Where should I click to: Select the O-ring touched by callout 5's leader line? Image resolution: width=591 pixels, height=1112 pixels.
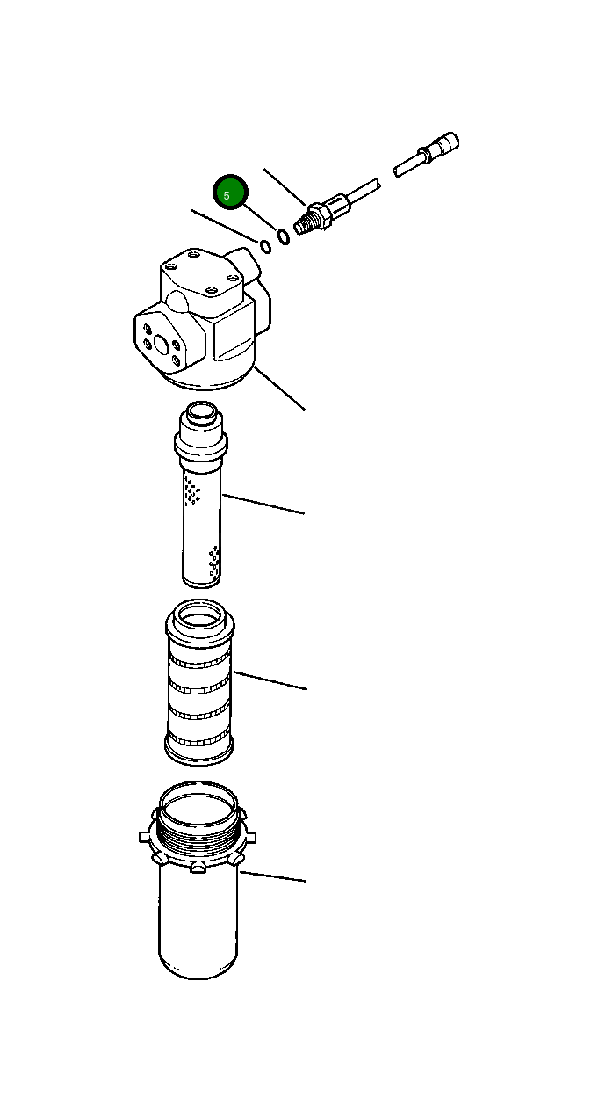[283, 236]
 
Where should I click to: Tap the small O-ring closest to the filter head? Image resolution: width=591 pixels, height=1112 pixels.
[264, 245]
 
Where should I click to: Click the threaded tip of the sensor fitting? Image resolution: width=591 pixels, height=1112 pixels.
[303, 224]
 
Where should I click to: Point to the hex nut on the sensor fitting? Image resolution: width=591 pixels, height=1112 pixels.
[320, 213]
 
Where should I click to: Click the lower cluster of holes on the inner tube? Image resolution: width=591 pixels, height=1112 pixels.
[213, 561]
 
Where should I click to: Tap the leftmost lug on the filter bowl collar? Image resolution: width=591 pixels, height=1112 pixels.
[145, 836]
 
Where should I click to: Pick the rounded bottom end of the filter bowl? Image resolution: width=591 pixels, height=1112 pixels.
[198, 967]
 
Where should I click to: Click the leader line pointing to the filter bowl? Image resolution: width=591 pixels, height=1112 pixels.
[274, 876]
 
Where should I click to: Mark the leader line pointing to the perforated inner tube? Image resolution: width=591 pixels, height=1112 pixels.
[263, 504]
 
